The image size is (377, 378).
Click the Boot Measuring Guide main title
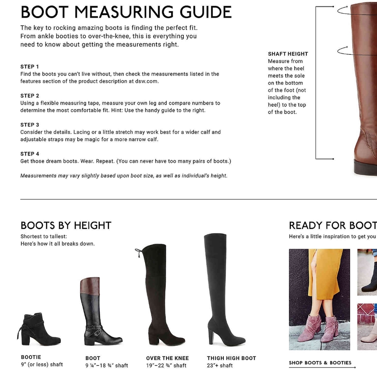click(126, 12)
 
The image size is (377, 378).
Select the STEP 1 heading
click(29, 67)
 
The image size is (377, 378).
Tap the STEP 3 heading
click(29, 125)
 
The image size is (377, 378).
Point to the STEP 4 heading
click(29, 154)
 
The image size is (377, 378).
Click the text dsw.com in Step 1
click(147, 81)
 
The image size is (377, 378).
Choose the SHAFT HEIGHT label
click(288, 54)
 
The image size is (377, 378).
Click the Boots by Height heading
click(66, 225)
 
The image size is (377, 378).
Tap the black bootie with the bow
click(39, 329)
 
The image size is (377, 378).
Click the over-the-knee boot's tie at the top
click(138, 253)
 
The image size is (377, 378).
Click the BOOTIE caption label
click(31, 357)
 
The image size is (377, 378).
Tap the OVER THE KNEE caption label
click(168, 358)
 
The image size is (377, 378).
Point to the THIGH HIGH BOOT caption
click(231, 358)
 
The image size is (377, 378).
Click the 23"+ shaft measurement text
click(220, 366)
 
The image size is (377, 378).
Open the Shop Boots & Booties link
click(320, 363)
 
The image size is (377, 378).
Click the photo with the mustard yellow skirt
click(320, 299)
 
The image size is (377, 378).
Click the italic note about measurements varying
click(124, 176)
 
